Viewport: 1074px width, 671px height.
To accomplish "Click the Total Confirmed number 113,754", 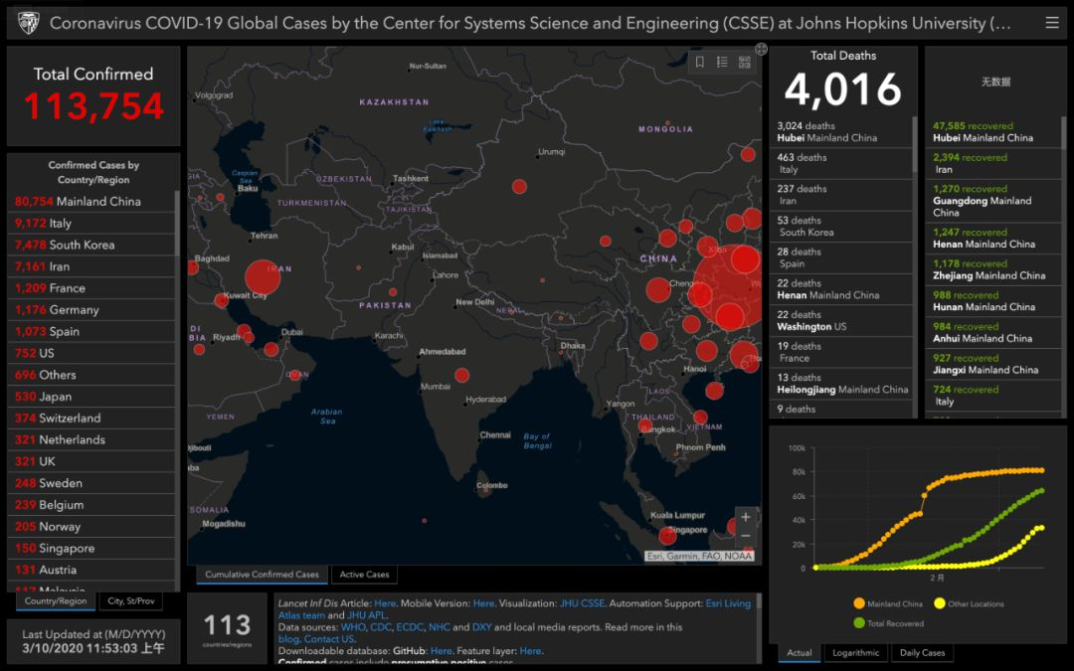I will point(93,106).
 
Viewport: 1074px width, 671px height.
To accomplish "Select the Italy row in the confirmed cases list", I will point(44,223).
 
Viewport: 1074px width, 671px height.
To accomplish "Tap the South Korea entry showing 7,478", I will point(65,245).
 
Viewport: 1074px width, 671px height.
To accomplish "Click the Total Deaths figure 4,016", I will point(842,90).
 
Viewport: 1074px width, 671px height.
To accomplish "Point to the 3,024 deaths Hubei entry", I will point(827,132).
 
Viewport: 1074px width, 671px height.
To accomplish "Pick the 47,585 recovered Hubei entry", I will point(983,132).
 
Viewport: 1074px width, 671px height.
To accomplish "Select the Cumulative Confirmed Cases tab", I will point(262,575).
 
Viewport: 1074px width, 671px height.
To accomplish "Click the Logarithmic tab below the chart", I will point(855,653).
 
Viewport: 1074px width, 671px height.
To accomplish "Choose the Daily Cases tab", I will point(922,653).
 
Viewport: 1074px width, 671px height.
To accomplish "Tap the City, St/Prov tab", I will point(130,601).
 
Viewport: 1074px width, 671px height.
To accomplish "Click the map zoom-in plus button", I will point(745,517).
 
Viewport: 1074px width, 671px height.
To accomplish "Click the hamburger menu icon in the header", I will point(1052,23).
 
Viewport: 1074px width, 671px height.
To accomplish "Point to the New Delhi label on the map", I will point(474,302).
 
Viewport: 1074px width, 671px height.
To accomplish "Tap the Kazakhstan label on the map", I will point(394,102).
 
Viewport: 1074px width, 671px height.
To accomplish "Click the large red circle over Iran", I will point(262,277).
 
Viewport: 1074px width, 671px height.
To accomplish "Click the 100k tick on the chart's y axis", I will point(797,448).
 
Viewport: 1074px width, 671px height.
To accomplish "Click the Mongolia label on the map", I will point(665,129).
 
